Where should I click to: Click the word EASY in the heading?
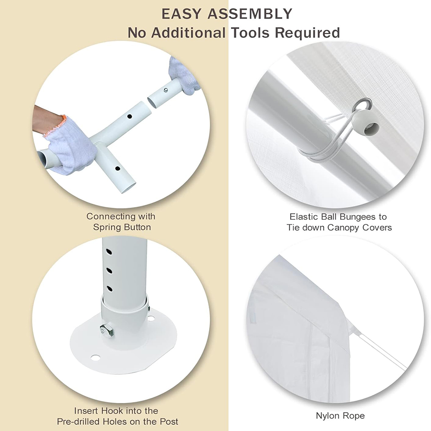(x=182, y=14)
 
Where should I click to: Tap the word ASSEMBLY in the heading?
(x=250, y=14)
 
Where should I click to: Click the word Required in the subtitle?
(x=308, y=33)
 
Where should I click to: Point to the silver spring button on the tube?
(x=166, y=90)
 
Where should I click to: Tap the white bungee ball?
(x=366, y=122)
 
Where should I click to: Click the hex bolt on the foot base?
(x=106, y=330)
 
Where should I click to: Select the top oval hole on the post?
(x=109, y=252)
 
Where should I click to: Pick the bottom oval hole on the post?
(x=109, y=289)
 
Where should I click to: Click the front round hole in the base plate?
(x=95, y=358)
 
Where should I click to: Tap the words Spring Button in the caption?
(x=122, y=228)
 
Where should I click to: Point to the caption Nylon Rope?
(x=340, y=416)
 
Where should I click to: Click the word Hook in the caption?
(x=112, y=411)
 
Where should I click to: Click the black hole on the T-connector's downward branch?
(x=118, y=168)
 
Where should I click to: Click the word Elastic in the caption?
(x=305, y=217)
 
